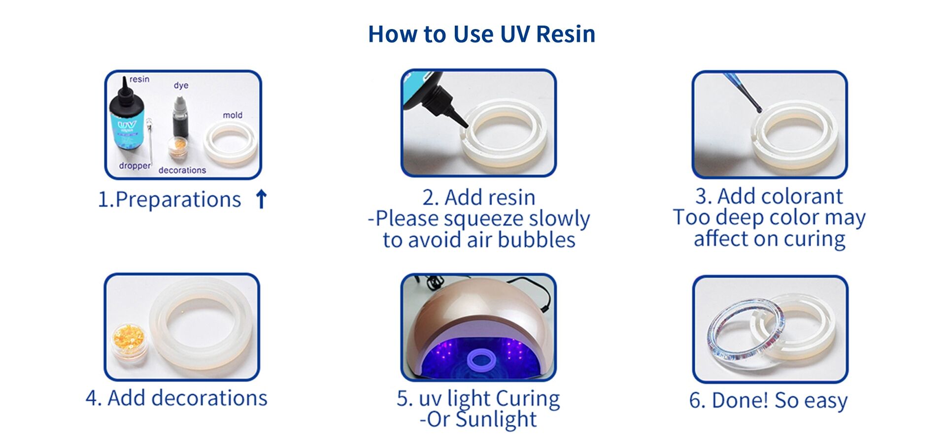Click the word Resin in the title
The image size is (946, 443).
coord(565,34)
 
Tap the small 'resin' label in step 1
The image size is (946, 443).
coord(139,79)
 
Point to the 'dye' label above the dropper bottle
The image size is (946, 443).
coord(181,85)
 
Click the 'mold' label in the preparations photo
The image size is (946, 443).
coord(233,115)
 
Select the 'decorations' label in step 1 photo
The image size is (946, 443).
coord(182,170)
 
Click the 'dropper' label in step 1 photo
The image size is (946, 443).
coord(135,166)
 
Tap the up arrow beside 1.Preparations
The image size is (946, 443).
coord(261,199)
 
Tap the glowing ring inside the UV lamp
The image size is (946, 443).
coord(481,360)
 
